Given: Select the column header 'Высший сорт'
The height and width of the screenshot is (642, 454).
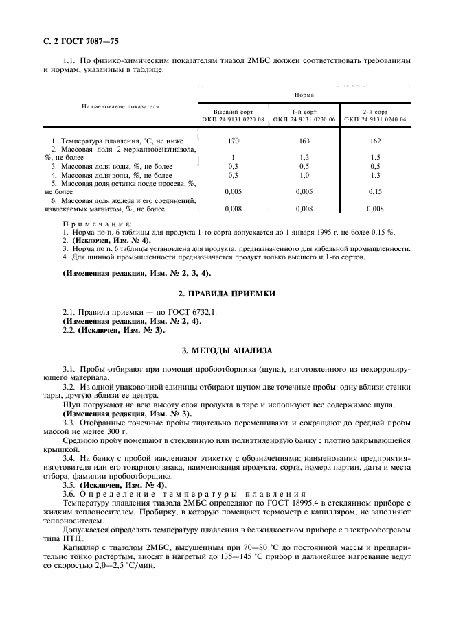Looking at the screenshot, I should click(233, 111).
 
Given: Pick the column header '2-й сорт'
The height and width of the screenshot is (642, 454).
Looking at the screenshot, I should click(375, 111).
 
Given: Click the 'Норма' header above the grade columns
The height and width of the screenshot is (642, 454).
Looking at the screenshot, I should click(304, 95).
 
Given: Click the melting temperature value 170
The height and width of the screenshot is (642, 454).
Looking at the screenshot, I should click(233, 140).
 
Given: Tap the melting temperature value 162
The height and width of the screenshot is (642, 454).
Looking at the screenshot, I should click(375, 140).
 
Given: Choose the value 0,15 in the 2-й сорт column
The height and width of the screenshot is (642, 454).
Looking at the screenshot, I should click(375, 192).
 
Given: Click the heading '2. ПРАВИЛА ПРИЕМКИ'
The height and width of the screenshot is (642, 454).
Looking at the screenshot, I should click(227, 294).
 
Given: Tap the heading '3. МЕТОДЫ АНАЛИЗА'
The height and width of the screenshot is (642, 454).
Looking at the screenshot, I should click(227, 350).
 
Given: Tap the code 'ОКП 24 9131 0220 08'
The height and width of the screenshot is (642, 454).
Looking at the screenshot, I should click(233, 119).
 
